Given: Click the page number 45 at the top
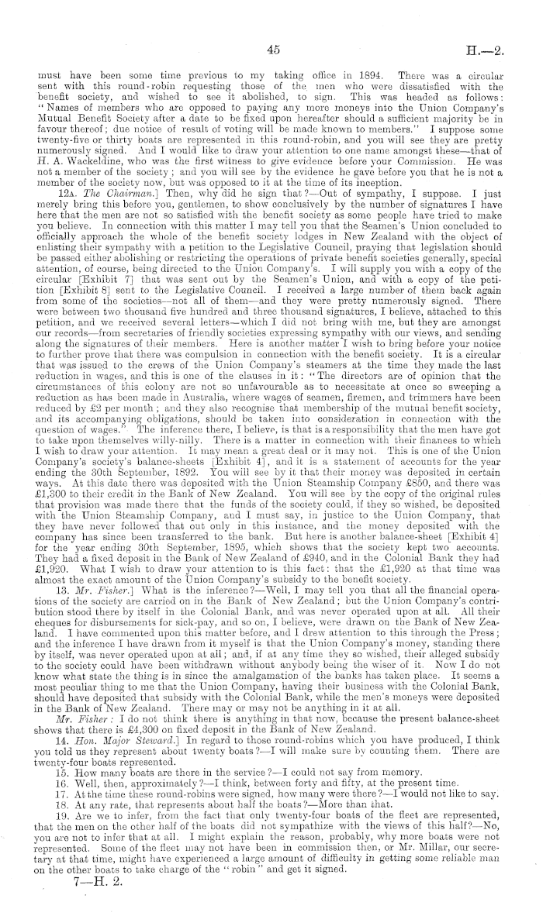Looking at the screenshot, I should click(271, 50).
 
